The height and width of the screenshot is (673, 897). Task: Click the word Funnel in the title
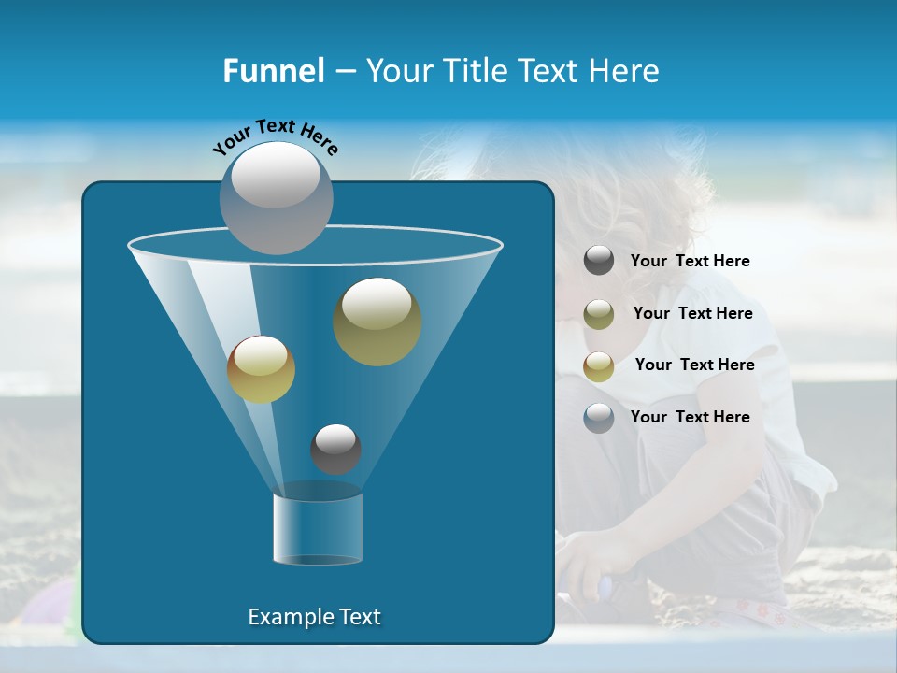click(273, 71)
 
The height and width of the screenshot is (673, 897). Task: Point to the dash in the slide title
click(345, 72)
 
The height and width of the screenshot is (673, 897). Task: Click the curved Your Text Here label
click(276, 136)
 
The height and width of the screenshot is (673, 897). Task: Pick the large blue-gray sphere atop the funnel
click(277, 197)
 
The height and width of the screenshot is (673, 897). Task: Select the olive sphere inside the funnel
click(377, 321)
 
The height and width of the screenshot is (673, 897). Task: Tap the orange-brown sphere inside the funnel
click(261, 369)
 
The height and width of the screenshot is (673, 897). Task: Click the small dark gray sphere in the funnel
click(335, 449)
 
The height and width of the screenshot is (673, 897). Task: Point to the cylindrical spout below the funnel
click(318, 528)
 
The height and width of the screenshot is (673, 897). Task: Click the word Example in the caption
click(284, 617)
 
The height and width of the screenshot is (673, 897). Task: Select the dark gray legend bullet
click(599, 261)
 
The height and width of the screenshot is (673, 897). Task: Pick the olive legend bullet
click(599, 314)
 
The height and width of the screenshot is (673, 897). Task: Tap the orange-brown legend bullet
click(599, 366)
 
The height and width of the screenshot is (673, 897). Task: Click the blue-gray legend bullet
click(599, 418)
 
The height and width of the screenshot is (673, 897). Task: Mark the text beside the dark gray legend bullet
click(691, 261)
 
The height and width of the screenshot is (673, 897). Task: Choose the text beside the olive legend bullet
click(692, 313)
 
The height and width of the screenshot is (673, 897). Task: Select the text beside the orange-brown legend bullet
click(694, 365)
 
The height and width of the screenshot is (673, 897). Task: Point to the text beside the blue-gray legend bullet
click(691, 417)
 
